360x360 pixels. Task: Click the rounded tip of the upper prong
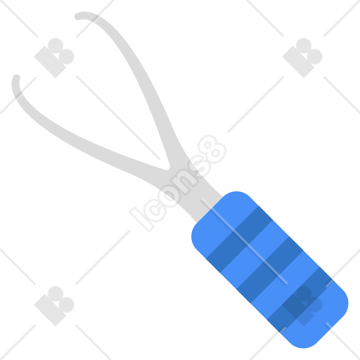pyautogui.click(x=78, y=17)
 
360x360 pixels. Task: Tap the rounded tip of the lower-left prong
pyautogui.click(x=16, y=78)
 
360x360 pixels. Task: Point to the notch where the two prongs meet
pyautogui.click(x=167, y=167)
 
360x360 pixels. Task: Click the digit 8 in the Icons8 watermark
pyautogui.click(x=212, y=150)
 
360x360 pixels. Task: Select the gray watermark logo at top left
pyautogui.click(x=54, y=58)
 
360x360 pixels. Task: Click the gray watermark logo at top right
pyautogui.click(x=302, y=58)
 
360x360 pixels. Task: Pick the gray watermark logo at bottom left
pyautogui.click(x=54, y=306)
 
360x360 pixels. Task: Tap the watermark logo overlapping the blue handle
pyautogui.click(x=302, y=306)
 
